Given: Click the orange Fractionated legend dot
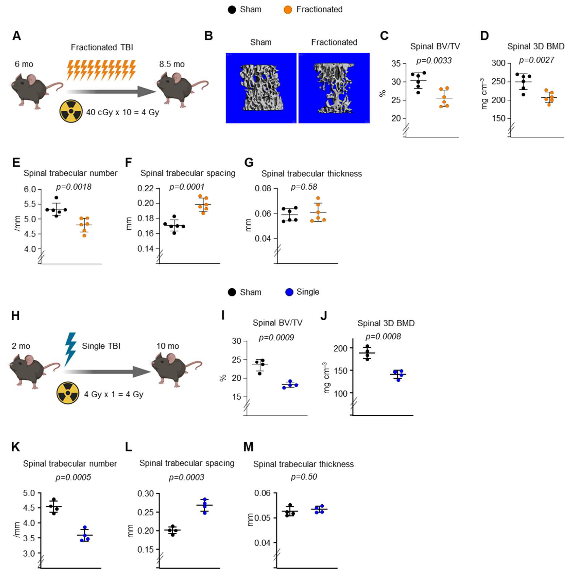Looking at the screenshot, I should [288, 10].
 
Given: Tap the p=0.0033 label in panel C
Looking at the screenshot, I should [434, 61].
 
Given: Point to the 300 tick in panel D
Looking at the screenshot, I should [498, 63].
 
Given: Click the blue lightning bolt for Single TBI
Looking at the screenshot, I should [71, 349].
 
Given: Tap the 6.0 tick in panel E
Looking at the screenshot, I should [30, 189].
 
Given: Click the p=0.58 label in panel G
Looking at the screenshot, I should [304, 187].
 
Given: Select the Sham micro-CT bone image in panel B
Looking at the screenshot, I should [261, 88].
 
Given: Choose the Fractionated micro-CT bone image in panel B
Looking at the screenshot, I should [334, 88].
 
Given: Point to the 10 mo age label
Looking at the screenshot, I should [168, 346].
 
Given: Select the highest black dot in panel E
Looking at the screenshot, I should [56, 198].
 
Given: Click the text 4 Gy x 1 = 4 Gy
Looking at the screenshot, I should [114, 394].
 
